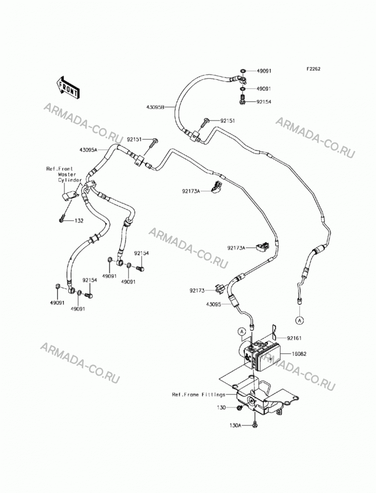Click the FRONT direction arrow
[67, 88]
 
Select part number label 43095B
[155, 107]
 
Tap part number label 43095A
[88, 150]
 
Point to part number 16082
[299, 353]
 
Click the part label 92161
[294, 338]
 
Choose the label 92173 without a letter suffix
[197, 290]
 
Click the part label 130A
[235, 425]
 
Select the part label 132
[79, 221]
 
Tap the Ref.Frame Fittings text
[198, 394]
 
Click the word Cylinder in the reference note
[70, 180]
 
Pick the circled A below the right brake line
[299, 320]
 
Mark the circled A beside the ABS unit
[241, 331]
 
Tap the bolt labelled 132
[62, 218]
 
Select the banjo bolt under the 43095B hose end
[242, 100]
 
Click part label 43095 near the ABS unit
[214, 304]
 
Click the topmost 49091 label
[264, 71]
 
